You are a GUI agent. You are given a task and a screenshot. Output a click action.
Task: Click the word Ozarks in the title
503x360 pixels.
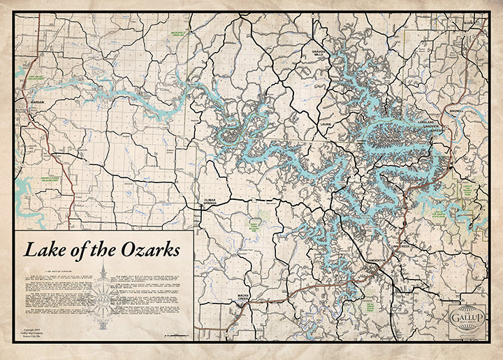[x=147, y=250]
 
